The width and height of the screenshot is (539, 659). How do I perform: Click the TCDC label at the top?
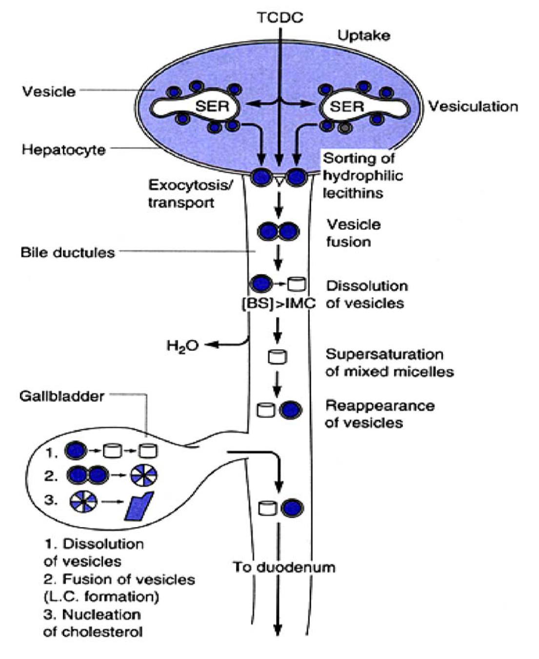click(x=280, y=18)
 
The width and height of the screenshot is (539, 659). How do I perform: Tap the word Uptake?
click(x=363, y=35)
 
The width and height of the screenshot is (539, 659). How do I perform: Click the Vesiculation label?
click(x=473, y=106)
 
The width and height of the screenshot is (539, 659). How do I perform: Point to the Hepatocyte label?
click(x=63, y=149)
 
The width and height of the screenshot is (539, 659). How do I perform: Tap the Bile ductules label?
click(x=68, y=253)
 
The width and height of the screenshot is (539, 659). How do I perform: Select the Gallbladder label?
click(x=61, y=396)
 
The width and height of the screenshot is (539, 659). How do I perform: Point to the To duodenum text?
click(x=284, y=567)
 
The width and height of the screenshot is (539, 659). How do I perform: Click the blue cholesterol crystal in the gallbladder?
click(x=140, y=506)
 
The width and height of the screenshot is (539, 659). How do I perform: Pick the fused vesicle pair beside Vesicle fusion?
click(x=279, y=231)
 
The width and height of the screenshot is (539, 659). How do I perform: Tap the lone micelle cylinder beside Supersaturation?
click(x=278, y=357)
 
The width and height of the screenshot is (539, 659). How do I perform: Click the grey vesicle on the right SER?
click(x=345, y=128)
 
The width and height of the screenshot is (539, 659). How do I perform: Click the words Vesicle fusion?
click(x=353, y=233)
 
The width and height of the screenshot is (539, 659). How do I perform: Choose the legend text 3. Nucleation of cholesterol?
click(x=93, y=623)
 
